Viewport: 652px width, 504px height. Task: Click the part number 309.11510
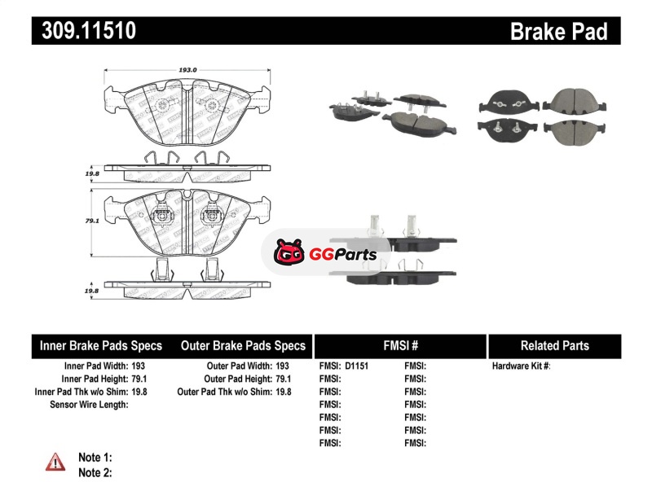pyautogui.click(x=84, y=31)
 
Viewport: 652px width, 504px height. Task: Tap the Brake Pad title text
pyautogui.click(x=558, y=31)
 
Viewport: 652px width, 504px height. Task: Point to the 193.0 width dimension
pyautogui.click(x=188, y=71)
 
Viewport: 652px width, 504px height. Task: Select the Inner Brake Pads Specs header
pyautogui.click(x=101, y=345)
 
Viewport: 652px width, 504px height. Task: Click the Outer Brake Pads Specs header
pyautogui.click(x=243, y=345)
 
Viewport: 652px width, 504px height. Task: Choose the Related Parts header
pyautogui.click(x=554, y=345)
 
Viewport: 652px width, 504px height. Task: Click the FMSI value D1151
pyautogui.click(x=357, y=366)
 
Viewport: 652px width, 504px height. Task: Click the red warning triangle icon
pyautogui.click(x=55, y=462)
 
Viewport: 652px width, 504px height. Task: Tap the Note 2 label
pyautogui.click(x=95, y=472)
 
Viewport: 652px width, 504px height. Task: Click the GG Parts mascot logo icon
pyautogui.click(x=288, y=253)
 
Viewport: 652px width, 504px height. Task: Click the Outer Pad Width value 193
pyautogui.click(x=282, y=366)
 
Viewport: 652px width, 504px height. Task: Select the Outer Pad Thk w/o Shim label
pyautogui.click(x=224, y=392)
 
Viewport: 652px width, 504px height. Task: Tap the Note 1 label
pyautogui.click(x=95, y=458)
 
